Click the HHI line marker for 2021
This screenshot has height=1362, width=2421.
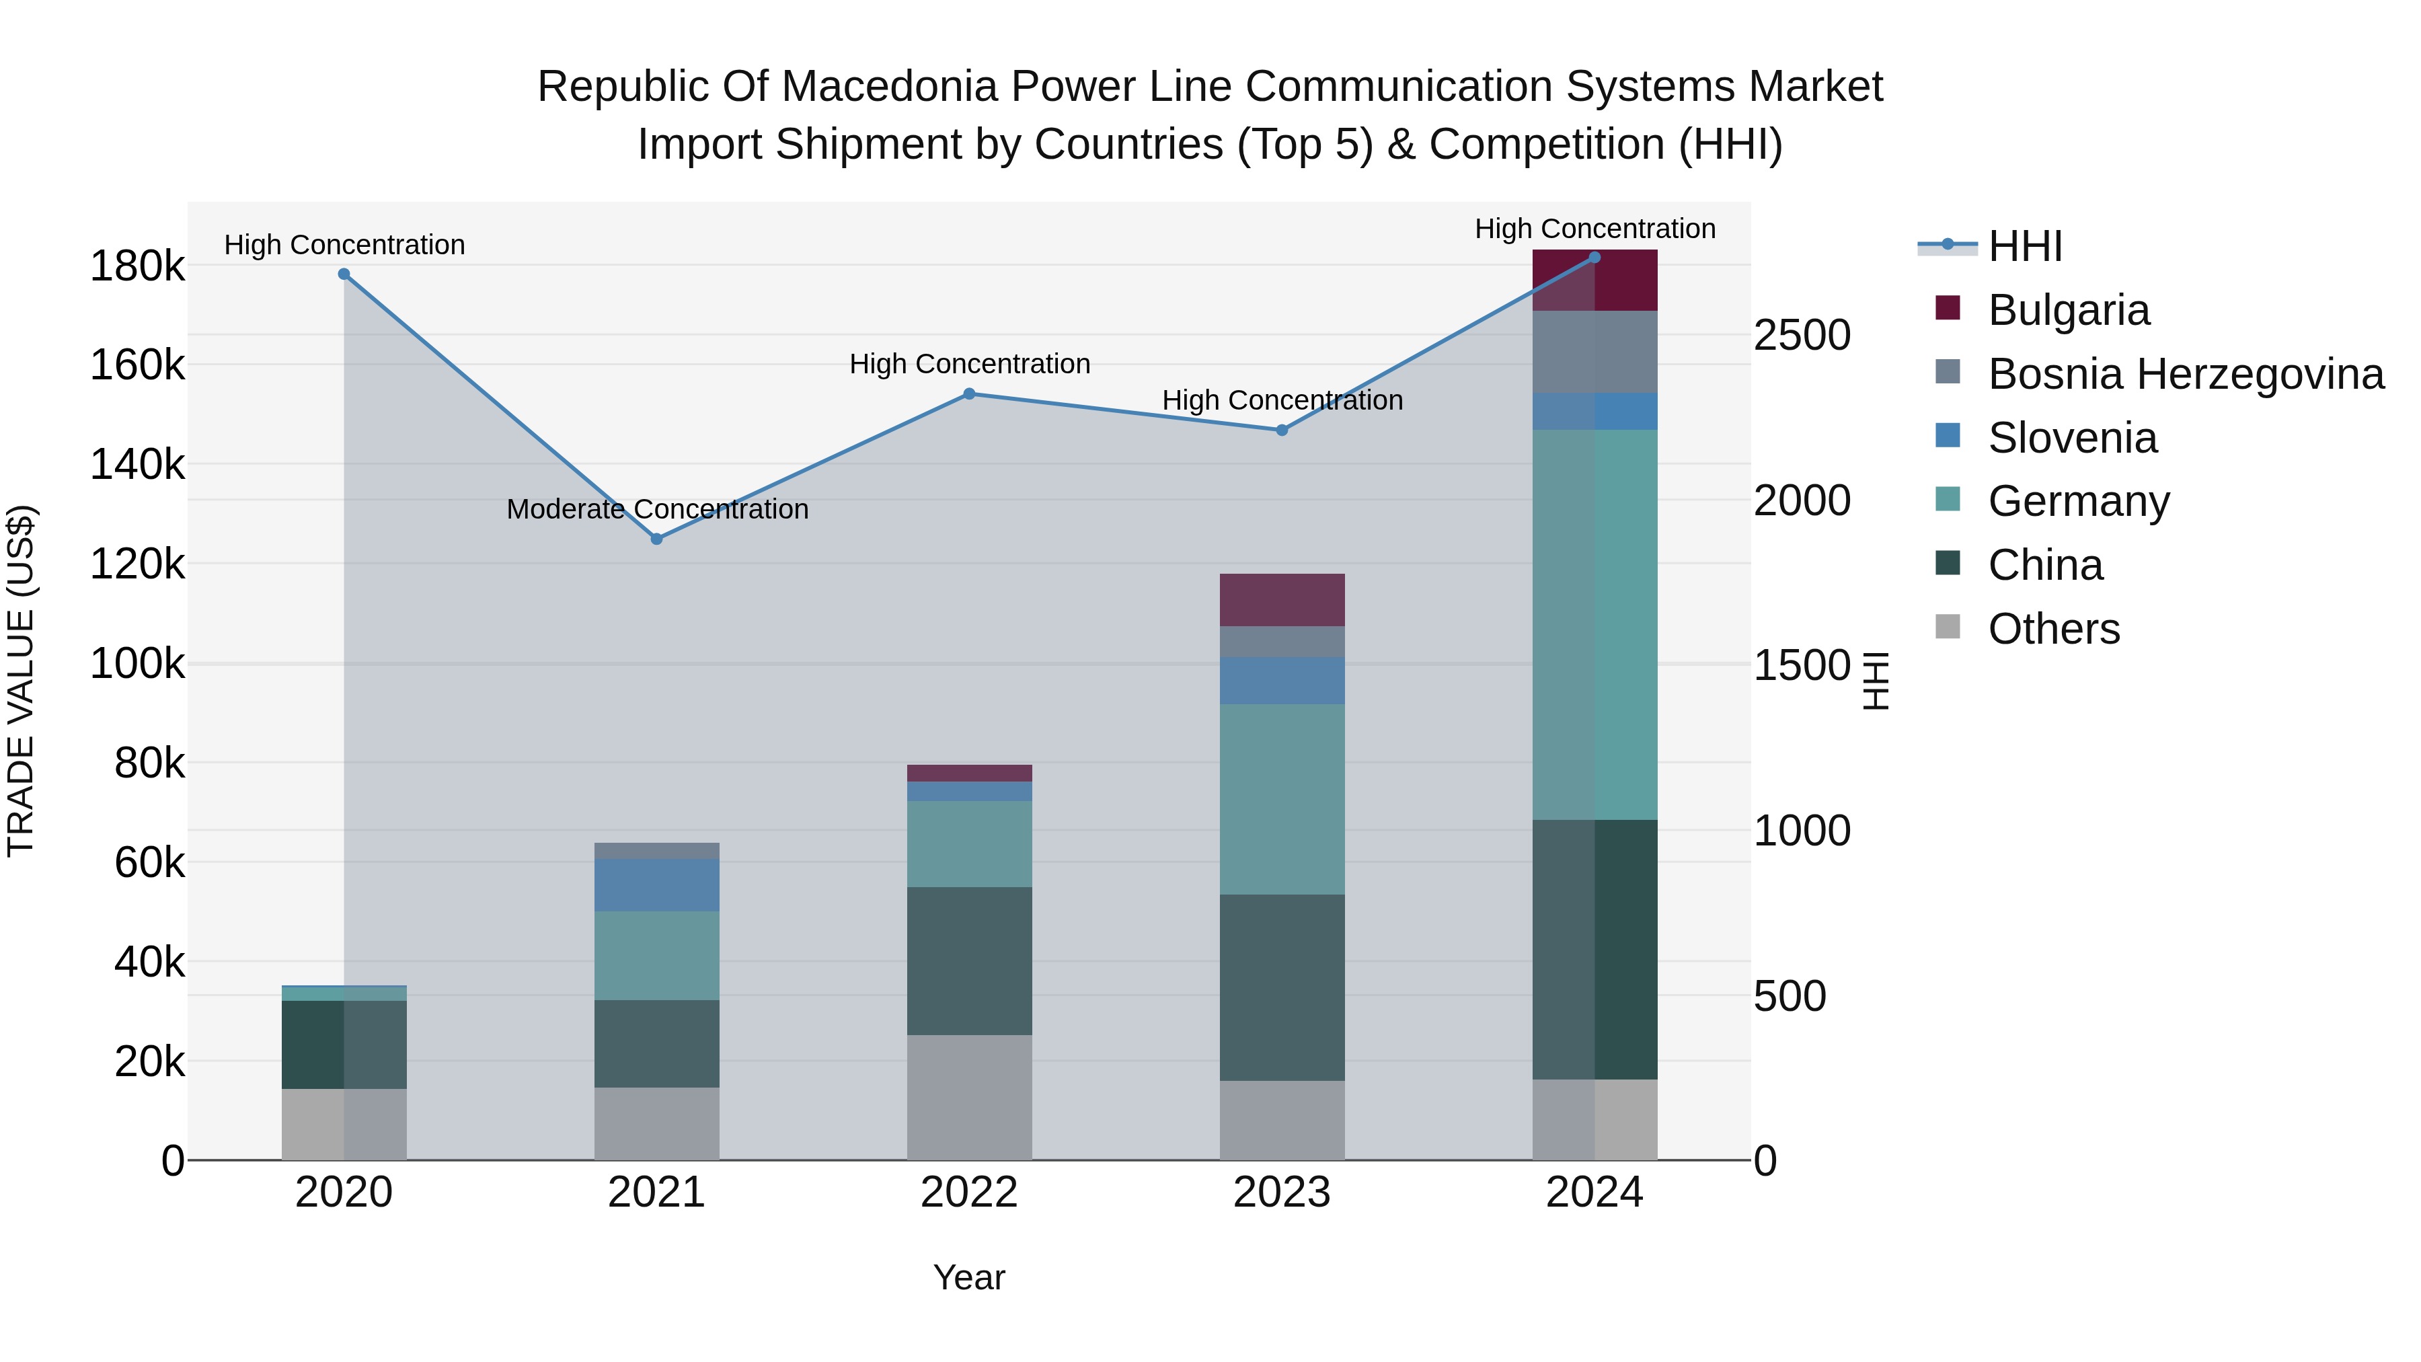(657, 539)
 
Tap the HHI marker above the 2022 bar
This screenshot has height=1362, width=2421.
(970, 394)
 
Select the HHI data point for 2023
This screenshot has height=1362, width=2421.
(1282, 430)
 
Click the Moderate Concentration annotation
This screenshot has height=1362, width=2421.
(657, 509)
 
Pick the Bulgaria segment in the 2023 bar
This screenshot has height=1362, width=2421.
(1282, 600)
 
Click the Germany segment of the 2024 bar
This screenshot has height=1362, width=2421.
(1595, 624)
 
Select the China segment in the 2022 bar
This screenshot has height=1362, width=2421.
(970, 960)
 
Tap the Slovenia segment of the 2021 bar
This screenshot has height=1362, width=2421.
(657, 884)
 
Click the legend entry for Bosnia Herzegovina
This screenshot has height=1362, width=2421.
(2185, 374)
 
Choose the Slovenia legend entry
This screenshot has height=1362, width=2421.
(2073, 438)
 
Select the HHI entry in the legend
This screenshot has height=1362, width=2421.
(2026, 246)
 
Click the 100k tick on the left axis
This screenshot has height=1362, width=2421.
(137, 665)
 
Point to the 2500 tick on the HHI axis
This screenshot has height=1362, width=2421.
(1802, 336)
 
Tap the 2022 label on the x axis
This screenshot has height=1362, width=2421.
(970, 1193)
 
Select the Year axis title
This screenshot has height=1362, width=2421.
(969, 1277)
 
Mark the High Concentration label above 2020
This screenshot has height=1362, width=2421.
(344, 245)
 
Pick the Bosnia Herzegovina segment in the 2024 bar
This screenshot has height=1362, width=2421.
(1595, 352)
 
